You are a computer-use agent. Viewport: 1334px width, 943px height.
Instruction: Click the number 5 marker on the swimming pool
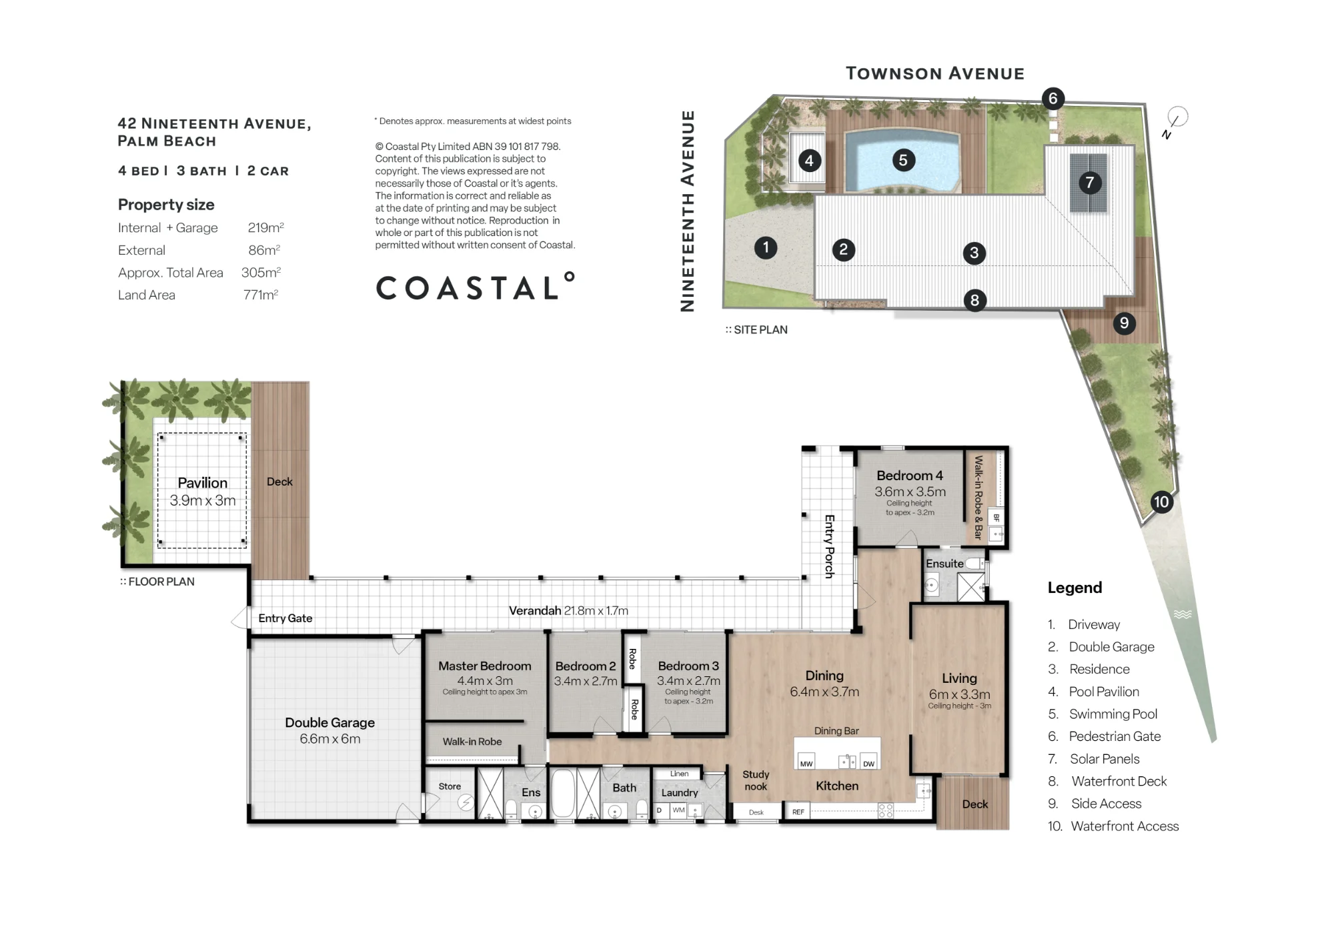(x=903, y=160)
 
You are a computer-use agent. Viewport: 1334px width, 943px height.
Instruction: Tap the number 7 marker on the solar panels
(x=1090, y=182)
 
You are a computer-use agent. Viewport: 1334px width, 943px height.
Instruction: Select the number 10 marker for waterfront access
(x=1161, y=502)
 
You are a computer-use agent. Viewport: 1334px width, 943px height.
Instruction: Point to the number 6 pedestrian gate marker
(x=1053, y=99)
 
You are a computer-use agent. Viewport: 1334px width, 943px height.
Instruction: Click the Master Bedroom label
(x=485, y=666)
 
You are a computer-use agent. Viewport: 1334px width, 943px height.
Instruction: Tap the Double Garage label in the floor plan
(x=329, y=722)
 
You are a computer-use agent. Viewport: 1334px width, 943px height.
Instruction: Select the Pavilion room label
(x=202, y=482)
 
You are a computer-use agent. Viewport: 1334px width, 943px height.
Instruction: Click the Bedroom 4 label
(x=910, y=476)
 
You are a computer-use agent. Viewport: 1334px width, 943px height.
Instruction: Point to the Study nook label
(x=756, y=780)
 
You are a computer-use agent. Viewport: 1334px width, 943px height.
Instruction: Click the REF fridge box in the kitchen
(x=798, y=812)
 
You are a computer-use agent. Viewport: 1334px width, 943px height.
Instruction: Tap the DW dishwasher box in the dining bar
(x=868, y=762)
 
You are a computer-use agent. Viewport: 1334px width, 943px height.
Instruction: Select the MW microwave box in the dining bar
(x=806, y=762)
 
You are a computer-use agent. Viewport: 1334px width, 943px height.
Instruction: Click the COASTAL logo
(x=476, y=287)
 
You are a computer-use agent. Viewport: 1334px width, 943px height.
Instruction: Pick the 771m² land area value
(x=261, y=295)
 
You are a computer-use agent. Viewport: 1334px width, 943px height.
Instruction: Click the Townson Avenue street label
(x=935, y=73)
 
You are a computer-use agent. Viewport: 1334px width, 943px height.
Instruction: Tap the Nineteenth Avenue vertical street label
(x=688, y=211)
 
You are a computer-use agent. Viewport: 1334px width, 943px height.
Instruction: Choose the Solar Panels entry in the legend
(x=1104, y=759)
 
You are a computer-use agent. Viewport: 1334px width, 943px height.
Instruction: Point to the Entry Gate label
(x=285, y=618)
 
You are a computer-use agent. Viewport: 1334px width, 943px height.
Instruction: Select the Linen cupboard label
(x=679, y=774)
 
